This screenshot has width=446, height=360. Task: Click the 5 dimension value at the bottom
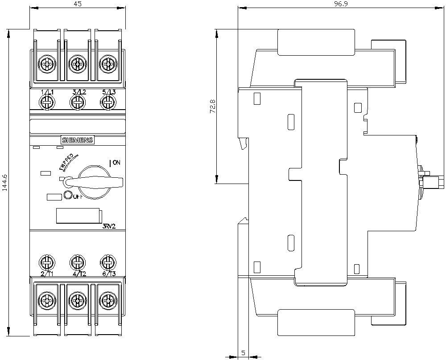pos(243,353)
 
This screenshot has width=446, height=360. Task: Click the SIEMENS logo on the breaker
pos(77,140)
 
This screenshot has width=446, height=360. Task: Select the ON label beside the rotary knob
pos(115,163)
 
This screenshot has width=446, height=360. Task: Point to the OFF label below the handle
pos(78,196)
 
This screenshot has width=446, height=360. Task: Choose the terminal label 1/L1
pos(47,92)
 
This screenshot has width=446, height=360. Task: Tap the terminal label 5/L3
pos(108,92)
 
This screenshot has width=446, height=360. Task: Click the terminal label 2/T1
pos(47,274)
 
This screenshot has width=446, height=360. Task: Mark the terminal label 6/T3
pos(108,274)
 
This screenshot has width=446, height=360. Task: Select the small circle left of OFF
pos(68,195)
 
